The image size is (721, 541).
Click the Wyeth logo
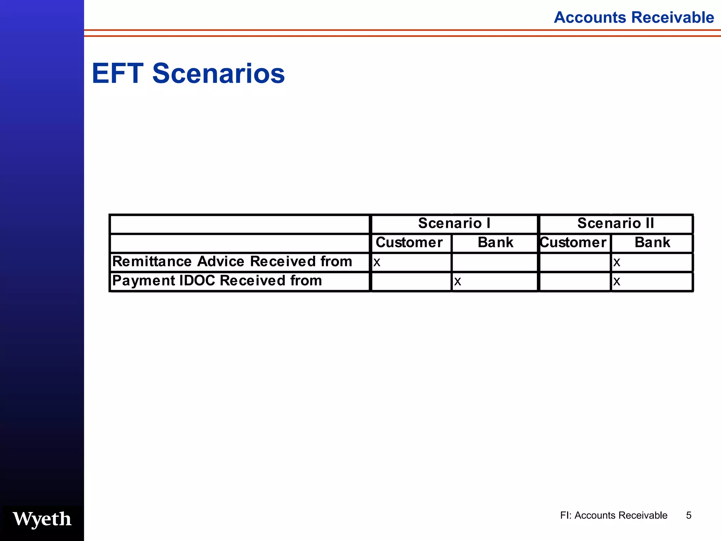point(42,519)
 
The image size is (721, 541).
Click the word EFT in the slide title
point(118,74)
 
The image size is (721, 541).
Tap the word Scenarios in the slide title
point(218,74)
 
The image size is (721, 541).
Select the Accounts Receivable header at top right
point(634,17)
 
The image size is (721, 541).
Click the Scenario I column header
point(454,223)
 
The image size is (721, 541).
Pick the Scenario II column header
point(616,223)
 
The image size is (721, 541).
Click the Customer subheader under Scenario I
point(409,243)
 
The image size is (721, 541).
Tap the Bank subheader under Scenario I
point(495,243)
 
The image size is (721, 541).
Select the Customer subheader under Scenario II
point(573,243)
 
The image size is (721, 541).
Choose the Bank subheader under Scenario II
point(652,243)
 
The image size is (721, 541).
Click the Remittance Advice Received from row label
point(232,262)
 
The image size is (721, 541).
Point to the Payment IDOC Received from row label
point(217,281)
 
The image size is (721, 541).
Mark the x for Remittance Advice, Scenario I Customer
point(377,262)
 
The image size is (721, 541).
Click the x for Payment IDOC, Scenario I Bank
point(457,281)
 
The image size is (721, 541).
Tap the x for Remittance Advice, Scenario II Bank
point(616,262)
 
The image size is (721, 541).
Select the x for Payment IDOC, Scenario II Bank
point(616,281)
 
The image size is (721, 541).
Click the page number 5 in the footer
point(689,515)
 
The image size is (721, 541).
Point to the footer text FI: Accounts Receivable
point(614,515)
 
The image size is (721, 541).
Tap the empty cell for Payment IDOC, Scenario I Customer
point(411,282)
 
